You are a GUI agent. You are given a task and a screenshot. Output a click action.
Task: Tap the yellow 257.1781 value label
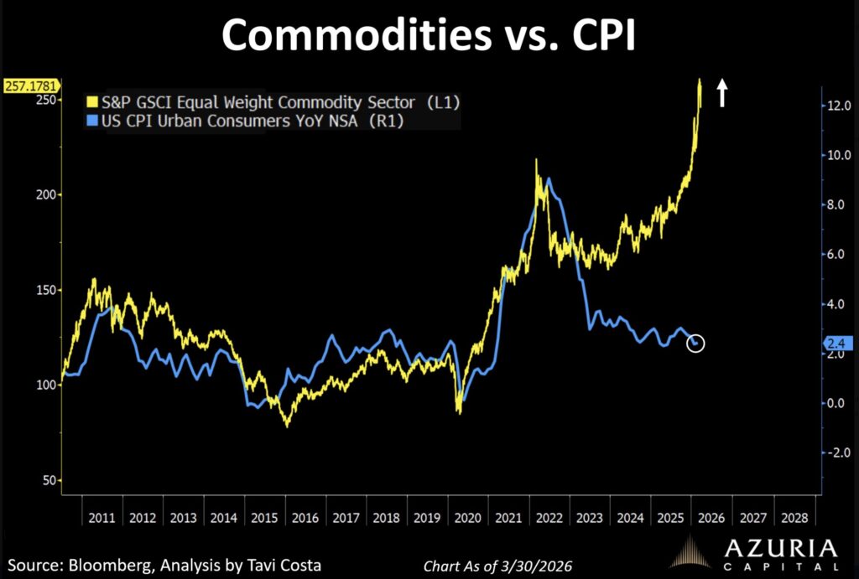[30, 86]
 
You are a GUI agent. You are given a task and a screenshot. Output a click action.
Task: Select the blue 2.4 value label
[839, 343]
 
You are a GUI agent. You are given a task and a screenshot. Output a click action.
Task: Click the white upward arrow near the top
[721, 93]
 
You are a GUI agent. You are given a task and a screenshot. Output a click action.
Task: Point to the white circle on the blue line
[696, 343]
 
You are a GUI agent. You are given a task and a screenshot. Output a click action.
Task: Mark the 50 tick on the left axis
[49, 480]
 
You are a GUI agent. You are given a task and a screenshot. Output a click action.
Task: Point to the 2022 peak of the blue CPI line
[549, 178]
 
